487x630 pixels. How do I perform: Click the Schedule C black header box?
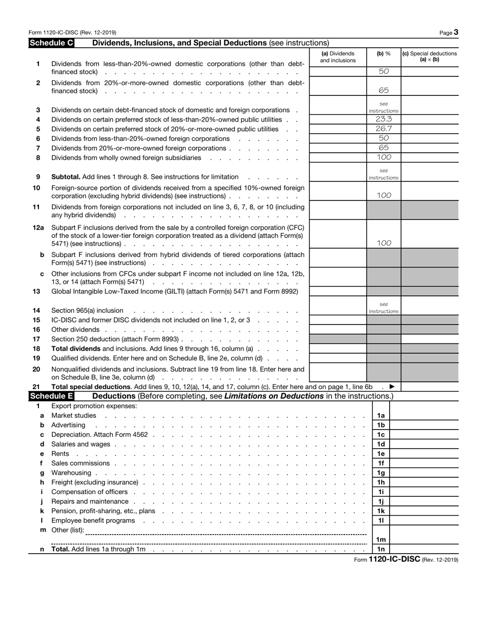[51, 43]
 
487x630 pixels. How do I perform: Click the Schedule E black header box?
[51, 396]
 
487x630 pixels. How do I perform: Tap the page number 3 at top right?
[456, 32]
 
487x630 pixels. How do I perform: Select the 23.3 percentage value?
[383, 119]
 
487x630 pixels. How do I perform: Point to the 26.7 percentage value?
[383, 129]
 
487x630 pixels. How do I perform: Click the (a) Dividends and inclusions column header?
[338, 57]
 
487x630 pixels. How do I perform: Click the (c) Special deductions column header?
[430, 56]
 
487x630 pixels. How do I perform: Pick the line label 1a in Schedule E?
[381, 416]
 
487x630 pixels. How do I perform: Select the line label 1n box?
[381, 550]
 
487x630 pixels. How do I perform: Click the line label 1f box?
[381, 463]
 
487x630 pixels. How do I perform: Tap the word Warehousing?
[71, 473]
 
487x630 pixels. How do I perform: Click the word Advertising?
[69, 425]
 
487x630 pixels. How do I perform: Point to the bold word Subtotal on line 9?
[66, 177]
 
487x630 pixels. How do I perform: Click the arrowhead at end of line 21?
[392, 387]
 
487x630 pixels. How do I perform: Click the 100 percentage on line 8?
[383, 157]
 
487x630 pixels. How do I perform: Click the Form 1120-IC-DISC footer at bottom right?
[406, 560]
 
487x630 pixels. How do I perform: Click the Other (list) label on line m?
[68, 530]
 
